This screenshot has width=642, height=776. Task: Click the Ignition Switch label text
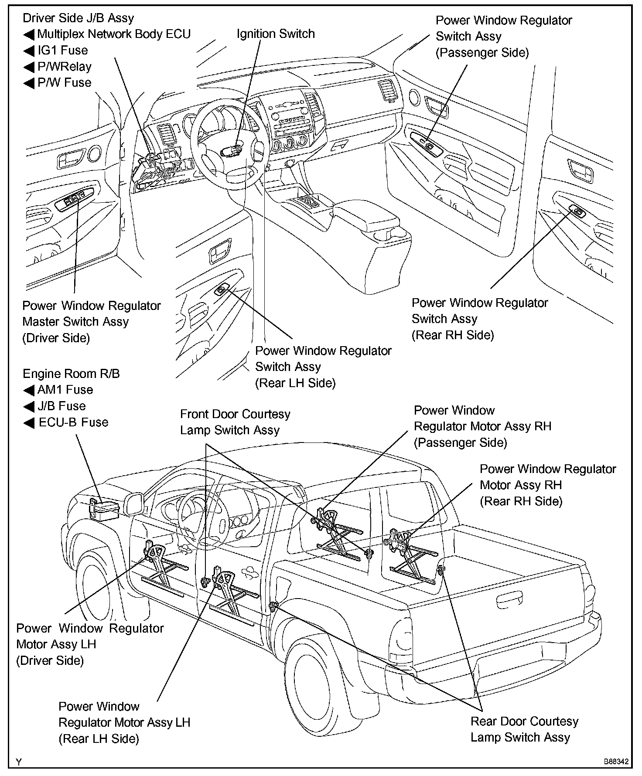pos(275,34)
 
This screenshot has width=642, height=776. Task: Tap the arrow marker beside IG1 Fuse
pos(29,51)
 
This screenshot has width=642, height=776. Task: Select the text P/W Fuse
pos(65,82)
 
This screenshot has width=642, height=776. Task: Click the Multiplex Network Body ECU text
pos(114,34)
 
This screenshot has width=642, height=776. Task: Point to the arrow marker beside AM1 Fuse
pos(29,390)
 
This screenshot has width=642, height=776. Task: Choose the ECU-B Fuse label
pos(73,422)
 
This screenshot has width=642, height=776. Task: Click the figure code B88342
pos(616,762)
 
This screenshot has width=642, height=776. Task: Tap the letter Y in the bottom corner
pos(18,762)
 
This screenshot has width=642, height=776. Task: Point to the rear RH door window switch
pos(577,211)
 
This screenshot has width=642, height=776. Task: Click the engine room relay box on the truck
pos(105,509)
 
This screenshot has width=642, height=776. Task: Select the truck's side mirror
pos(135,504)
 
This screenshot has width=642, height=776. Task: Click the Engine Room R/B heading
pos(71,374)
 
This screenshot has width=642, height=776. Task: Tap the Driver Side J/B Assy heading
pos(78,18)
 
